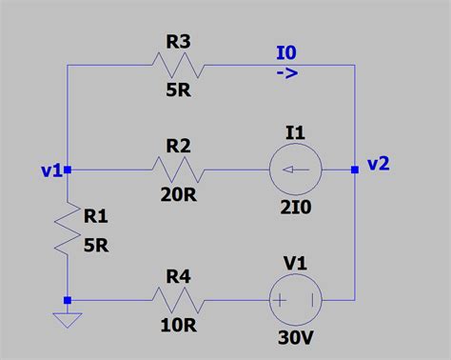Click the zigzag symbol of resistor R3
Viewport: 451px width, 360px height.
click(178, 65)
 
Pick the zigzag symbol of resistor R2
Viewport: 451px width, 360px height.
click(178, 170)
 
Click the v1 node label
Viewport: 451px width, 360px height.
click(51, 170)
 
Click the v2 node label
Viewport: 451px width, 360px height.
click(377, 164)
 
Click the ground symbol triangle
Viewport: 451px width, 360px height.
click(68, 321)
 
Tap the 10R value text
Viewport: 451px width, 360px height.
click(178, 330)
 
